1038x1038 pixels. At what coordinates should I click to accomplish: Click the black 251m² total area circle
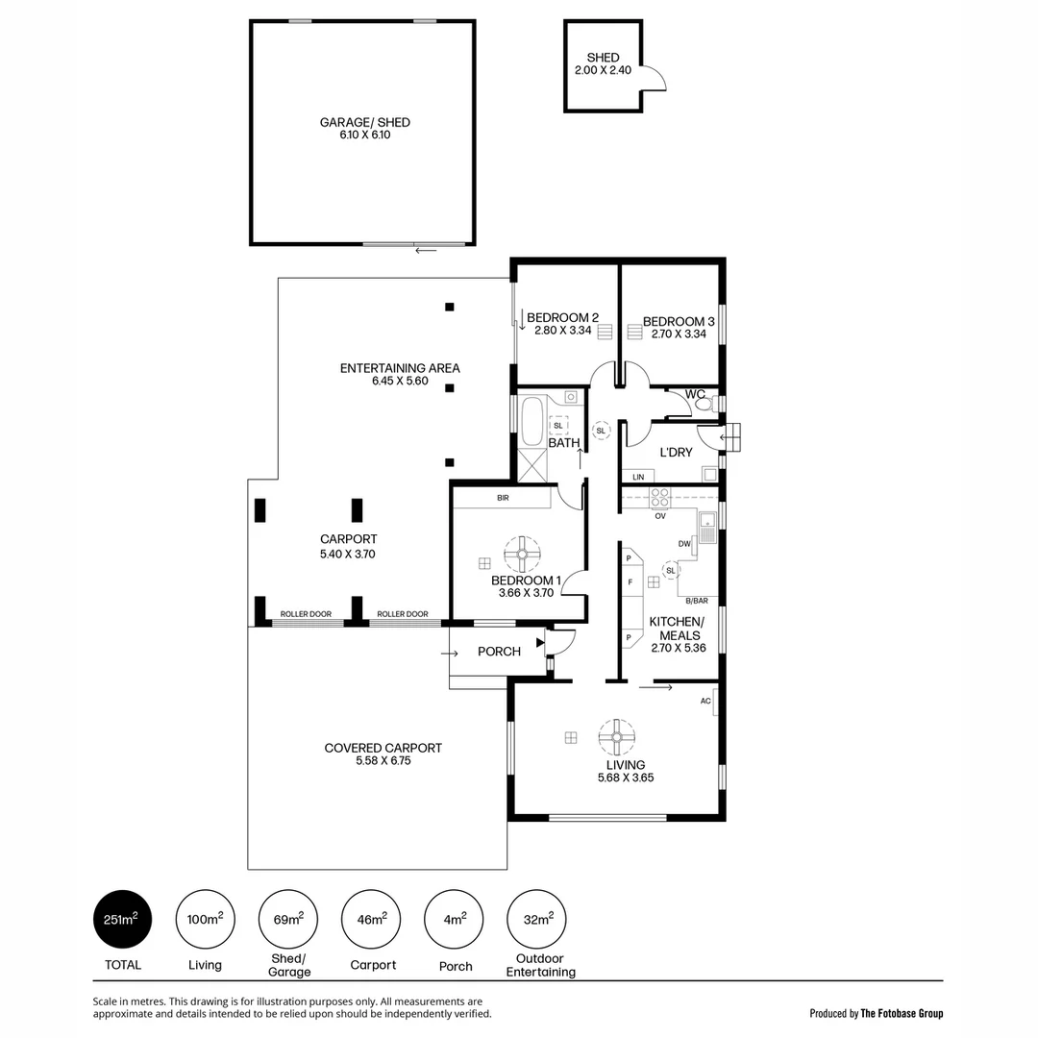point(122,920)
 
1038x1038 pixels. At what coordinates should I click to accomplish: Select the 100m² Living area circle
point(205,920)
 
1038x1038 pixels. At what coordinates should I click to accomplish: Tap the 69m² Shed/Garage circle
point(288,920)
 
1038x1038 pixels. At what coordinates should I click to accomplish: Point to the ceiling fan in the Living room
point(616,738)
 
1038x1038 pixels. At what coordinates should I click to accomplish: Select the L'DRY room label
point(676,453)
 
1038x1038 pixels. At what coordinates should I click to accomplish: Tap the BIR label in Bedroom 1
point(503,499)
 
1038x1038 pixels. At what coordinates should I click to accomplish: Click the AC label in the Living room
point(705,702)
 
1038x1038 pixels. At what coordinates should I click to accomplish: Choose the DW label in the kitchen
point(685,544)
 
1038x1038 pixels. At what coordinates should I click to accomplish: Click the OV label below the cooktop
point(660,516)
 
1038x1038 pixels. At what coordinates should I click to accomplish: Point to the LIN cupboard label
point(638,477)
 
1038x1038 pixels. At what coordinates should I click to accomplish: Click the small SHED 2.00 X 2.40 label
point(603,64)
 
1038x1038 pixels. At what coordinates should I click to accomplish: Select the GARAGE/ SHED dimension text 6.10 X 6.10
point(364,136)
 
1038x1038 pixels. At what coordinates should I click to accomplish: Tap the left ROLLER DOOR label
point(306,614)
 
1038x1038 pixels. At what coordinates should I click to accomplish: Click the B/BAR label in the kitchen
point(696,601)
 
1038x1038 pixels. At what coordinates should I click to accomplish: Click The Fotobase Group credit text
point(902,1013)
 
